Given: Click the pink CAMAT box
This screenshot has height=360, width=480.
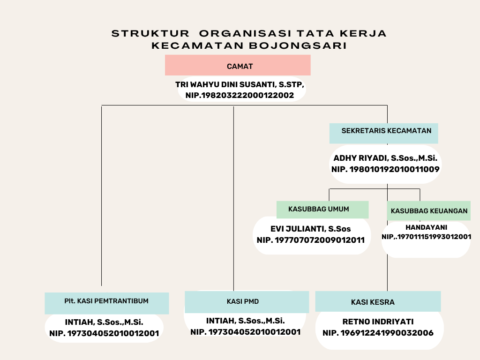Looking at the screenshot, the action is point(238,65).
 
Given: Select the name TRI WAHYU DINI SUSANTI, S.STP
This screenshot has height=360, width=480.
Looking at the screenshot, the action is point(240,84).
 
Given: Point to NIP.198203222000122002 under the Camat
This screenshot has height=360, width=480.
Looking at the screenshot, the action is point(240,95).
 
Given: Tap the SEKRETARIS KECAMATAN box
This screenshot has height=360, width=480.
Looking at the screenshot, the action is point(383,134).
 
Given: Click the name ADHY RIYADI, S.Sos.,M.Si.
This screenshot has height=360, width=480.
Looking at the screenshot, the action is point(385,158).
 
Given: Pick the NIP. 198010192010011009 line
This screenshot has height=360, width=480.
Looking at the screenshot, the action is point(385,169).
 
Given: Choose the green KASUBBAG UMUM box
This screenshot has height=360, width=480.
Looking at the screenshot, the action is point(322,210).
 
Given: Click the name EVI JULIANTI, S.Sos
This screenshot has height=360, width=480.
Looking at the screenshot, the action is point(310,229).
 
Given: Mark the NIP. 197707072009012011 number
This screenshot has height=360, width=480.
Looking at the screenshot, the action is point(311,240).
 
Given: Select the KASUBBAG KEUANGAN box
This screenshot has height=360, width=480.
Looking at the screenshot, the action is point(428,210).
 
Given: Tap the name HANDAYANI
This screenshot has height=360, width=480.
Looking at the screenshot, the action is point(426,227).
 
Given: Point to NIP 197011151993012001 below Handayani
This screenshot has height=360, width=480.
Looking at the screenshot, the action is point(426,237).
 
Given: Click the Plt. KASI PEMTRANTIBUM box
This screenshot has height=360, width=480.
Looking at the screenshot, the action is point(106,303).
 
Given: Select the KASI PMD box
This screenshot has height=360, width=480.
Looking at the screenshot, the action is point(247,302).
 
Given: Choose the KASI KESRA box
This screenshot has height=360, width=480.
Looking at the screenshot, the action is point(378,301).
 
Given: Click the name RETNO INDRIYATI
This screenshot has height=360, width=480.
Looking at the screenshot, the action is point(378,322).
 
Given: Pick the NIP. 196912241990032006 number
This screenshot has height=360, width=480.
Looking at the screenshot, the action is point(378,333).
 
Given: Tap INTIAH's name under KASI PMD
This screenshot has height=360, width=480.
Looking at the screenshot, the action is point(245,321).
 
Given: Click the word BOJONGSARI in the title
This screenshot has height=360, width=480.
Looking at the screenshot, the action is point(298,45).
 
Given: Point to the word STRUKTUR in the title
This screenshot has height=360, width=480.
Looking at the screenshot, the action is point(150,33).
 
